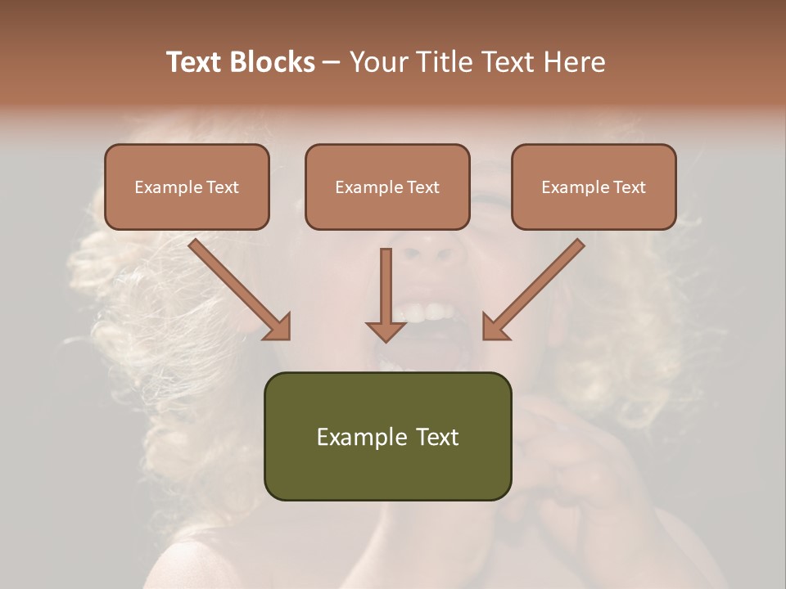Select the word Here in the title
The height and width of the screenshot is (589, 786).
(x=573, y=62)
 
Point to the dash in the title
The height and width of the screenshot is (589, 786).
(x=332, y=63)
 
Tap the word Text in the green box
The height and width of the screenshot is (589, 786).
(x=436, y=437)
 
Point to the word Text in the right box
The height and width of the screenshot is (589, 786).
(x=629, y=187)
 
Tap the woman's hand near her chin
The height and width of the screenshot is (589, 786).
(x=565, y=458)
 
